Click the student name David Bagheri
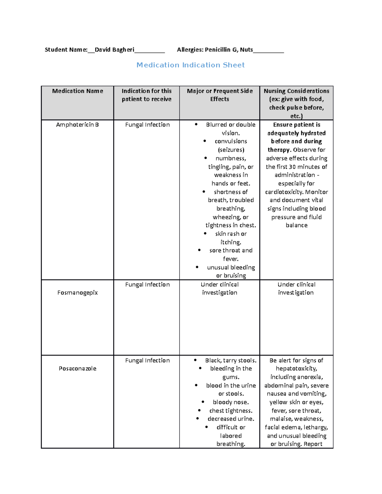[114, 50]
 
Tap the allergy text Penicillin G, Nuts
[229, 50]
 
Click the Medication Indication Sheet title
[190, 65]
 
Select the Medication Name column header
[77, 91]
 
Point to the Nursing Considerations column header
[296, 91]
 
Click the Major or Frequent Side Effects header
[220, 95]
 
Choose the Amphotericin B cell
[77, 125]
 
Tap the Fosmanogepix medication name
[77, 293]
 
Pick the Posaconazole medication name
[77, 368]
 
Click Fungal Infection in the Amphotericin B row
[147, 125]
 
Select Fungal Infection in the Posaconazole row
[147, 360]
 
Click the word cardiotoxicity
[284, 192]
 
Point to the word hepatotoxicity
[296, 368]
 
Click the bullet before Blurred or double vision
[196, 124]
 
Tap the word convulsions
[231, 141]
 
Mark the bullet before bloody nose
[203, 402]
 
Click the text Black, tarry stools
[231, 360]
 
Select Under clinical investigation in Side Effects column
[220, 289]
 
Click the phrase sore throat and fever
[231, 254]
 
